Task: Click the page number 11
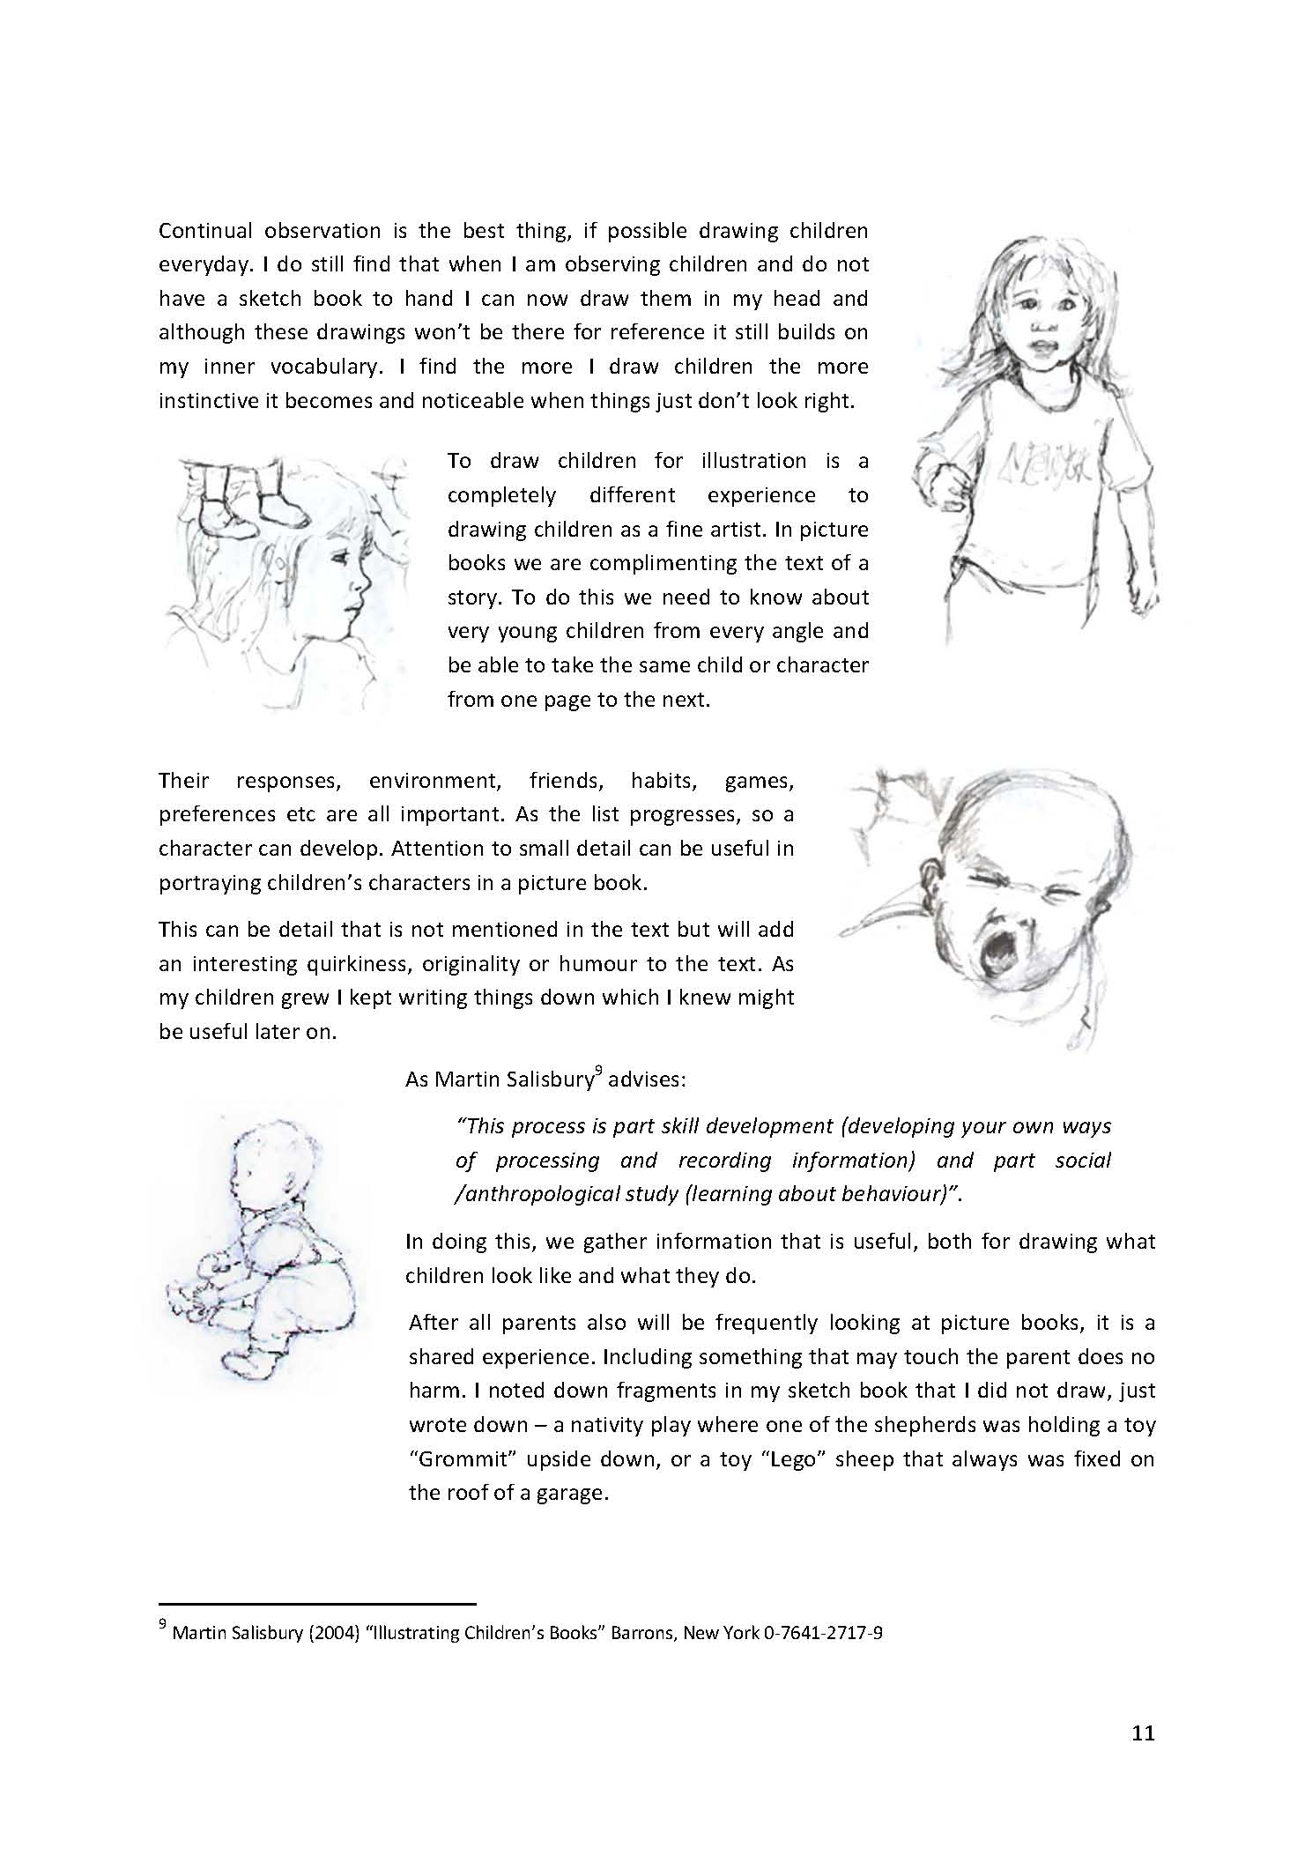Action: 1142,1733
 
